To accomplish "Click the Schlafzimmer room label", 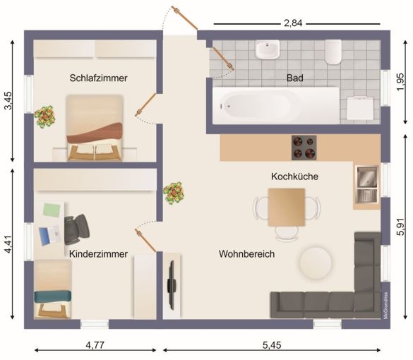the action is pos(99,78).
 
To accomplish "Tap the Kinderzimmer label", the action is pos(99,254).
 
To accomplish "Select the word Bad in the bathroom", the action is pos(294,78).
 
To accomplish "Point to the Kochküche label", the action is pos(294,176).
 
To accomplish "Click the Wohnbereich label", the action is pos(247,254).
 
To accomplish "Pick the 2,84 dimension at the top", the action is pos(293,23).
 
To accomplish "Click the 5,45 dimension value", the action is pos(272,344).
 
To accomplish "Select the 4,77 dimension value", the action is pos(95,344).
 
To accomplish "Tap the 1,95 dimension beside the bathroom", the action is pos(400,82).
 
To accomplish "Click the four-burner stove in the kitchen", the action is pos(304,148).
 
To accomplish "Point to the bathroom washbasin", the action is pos(268,49).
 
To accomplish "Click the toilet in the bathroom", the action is pos(333,52).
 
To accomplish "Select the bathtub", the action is pos(276,106).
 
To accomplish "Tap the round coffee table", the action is pos(316,263).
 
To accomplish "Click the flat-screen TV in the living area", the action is pos(172,285).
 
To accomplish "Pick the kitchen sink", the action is pos(367,184).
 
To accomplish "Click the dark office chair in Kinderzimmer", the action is pos(76,229).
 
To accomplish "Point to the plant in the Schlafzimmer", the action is pos(44,117).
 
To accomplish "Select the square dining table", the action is pos(287,208).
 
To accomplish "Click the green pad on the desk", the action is pos(52,210).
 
